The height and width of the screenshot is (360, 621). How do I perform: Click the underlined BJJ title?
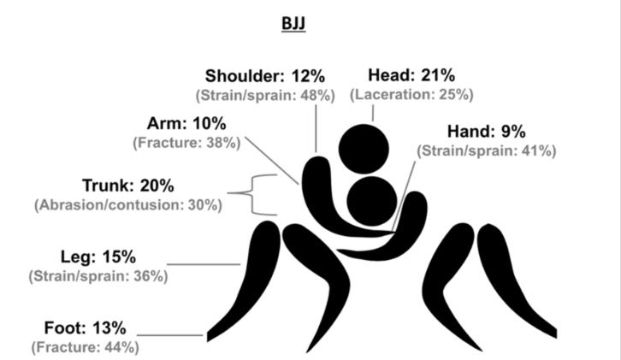click(x=293, y=24)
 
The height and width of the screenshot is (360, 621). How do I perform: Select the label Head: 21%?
click(x=411, y=75)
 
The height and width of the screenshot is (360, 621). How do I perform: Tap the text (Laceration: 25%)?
click(x=411, y=95)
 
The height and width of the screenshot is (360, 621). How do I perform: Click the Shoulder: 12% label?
click(x=265, y=75)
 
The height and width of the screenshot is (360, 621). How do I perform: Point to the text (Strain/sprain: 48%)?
click(x=265, y=96)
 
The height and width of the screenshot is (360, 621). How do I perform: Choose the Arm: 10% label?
click(x=186, y=124)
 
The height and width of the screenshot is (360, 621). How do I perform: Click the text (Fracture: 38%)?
click(x=186, y=143)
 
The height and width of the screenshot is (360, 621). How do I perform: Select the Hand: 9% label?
click(x=487, y=132)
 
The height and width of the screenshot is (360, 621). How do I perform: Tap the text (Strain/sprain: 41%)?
click(x=487, y=150)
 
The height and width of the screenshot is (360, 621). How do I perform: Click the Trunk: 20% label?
click(x=128, y=186)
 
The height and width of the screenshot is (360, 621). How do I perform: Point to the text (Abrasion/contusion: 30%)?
click(x=128, y=205)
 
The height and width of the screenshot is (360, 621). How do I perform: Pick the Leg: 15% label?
click(x=98, y=257)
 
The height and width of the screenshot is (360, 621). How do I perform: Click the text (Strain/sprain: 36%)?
click(x=98, y=276)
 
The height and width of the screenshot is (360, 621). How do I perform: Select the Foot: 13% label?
click(x=86, y=328)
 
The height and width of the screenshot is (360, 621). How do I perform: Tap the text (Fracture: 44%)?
click(x=86, y=347)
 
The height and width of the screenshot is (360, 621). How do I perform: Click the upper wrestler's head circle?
click(x=364, y=149)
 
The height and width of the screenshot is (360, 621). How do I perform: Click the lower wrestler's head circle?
click(x=372, y=201)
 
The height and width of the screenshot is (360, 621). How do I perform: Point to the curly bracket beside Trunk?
click(x=251, y=194)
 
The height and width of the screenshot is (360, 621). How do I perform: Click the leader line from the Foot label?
click(x=169, y=335)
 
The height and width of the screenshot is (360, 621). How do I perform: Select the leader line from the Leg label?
click(x=204, y=263)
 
